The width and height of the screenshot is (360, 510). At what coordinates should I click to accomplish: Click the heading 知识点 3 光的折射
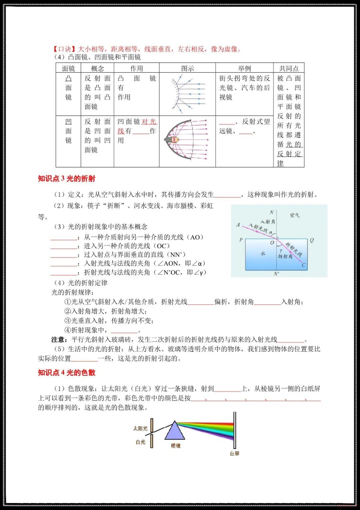[67, 179]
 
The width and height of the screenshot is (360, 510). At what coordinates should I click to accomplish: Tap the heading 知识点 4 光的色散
[67, 373]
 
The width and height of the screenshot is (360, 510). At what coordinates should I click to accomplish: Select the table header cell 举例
[244, 68]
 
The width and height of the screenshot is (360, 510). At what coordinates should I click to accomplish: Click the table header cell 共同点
[289, 68]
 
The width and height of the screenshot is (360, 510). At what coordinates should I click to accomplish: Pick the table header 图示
[187, 68]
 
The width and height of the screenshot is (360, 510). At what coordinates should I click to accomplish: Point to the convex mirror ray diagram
[187, 94]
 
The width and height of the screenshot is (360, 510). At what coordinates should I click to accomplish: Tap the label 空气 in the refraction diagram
[295, 215]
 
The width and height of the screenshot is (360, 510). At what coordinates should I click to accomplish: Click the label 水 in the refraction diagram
[263, 253]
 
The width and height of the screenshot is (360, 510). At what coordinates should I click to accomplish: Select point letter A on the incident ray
[238, 225]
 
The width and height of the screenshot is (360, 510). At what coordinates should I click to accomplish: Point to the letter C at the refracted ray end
[304, 265]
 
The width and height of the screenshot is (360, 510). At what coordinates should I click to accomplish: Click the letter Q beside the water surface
[312, 240]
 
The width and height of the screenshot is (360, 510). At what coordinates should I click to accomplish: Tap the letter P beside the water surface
[241, 240]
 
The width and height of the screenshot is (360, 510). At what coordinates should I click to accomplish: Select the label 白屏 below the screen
[234, 454]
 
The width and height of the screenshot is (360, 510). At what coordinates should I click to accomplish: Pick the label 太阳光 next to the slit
[140, 428]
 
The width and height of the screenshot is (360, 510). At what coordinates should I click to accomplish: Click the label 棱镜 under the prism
[176, 446]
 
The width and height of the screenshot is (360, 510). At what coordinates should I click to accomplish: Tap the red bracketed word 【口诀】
[65, 49]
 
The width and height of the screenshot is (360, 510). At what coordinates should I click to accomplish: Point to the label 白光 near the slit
[141, 442]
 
